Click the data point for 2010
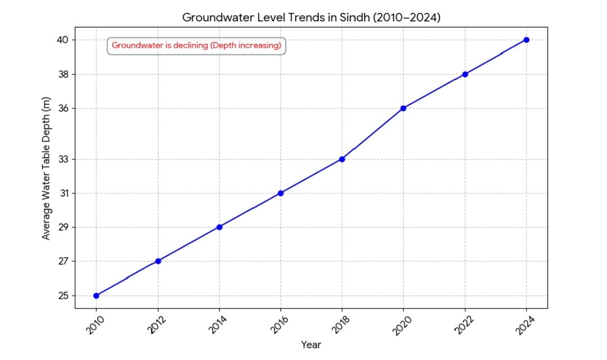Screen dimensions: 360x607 tap(97, 295)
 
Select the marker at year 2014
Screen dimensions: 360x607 tap(219, 227)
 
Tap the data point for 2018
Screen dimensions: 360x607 tap(342, 159)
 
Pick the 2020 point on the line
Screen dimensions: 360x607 tap(404, 108)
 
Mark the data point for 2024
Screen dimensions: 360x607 tap(526, 40)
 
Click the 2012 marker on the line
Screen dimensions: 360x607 tap(158, 261)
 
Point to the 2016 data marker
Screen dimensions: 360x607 tap(280, 193)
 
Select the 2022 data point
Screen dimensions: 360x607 tap(465, 74)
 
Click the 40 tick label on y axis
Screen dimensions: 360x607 tap(62, 40)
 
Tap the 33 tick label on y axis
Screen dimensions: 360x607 tap(62, 159)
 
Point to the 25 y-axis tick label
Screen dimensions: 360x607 tap(62, 295)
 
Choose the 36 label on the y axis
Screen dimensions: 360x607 tap(62, 108)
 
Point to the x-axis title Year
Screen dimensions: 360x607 tap(311, 344)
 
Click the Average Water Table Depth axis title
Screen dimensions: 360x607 tap(47, 167)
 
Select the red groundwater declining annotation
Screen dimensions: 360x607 tap(196, 45)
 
